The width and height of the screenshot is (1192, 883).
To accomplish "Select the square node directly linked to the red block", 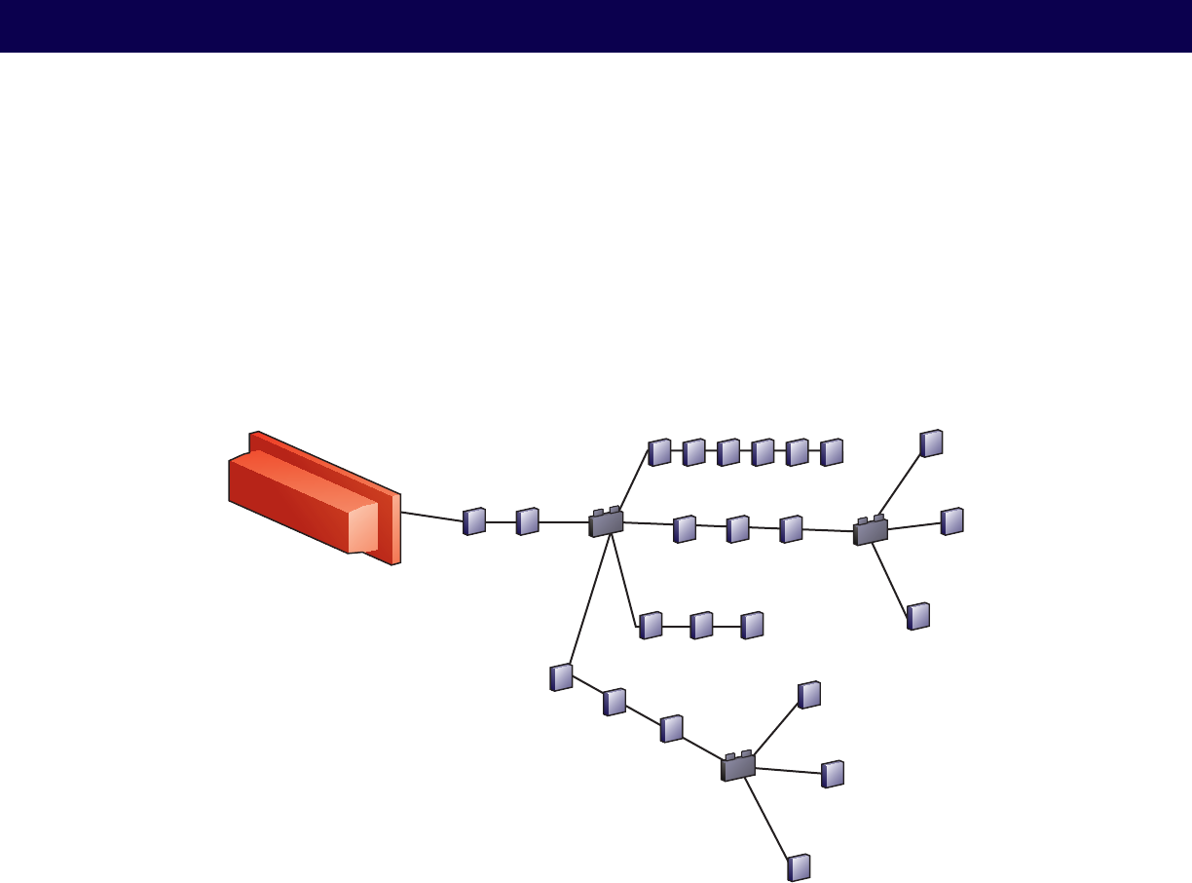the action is point(474,521).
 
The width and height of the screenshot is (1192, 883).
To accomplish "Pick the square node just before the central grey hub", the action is point(528,521).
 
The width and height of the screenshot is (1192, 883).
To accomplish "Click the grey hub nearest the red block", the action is point(606,523).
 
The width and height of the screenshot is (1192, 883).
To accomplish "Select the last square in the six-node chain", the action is point(831,452).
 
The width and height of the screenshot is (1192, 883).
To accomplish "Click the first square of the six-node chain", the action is point(660,452).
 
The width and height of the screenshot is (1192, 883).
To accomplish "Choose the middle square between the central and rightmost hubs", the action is point(737,528).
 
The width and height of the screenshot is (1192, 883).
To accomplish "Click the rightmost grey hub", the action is point(871,531).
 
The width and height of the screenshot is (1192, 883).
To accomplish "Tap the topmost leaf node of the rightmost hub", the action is point(932,443).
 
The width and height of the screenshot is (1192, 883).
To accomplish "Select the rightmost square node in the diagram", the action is point(952,521).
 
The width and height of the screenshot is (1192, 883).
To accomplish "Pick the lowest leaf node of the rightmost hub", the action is point(918,616).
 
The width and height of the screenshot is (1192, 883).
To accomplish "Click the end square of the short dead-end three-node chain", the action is point(752,626).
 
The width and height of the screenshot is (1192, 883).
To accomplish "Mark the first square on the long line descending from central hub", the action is point(561,677).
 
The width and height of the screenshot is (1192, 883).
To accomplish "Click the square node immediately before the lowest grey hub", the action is point(671,729).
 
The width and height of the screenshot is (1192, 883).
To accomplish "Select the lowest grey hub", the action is point(738,767).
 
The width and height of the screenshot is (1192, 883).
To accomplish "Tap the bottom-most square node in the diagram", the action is point(799,867).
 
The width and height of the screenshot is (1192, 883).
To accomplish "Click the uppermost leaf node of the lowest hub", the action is point(809,695).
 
